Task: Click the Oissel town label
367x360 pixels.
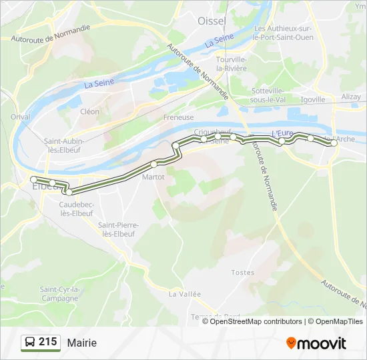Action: (212, 21)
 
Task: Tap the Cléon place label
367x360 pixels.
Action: (89, 112)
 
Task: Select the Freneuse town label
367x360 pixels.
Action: (178, 117)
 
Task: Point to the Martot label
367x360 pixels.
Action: (153, 177)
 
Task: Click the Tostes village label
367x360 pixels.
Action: (242, 273)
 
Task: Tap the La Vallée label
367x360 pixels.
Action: (184, 294)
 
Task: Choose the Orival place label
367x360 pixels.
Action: (21, 117)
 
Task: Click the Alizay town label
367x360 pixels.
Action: (351, 97)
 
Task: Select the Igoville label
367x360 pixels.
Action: (312, 100)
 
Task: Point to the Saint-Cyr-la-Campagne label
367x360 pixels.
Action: (60, 295)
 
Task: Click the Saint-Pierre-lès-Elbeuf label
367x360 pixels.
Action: (117, 230)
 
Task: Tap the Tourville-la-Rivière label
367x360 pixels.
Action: (232, 63)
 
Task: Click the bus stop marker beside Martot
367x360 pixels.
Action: (154, 164)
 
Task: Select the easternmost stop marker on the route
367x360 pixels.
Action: (334, 143)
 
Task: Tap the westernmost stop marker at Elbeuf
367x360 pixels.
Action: (33, 179)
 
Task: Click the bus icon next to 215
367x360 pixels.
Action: (29, 343)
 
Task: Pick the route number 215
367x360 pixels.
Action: (47, 342)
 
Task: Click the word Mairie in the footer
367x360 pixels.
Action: (82, 343)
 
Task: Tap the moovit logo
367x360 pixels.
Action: (316, 343)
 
